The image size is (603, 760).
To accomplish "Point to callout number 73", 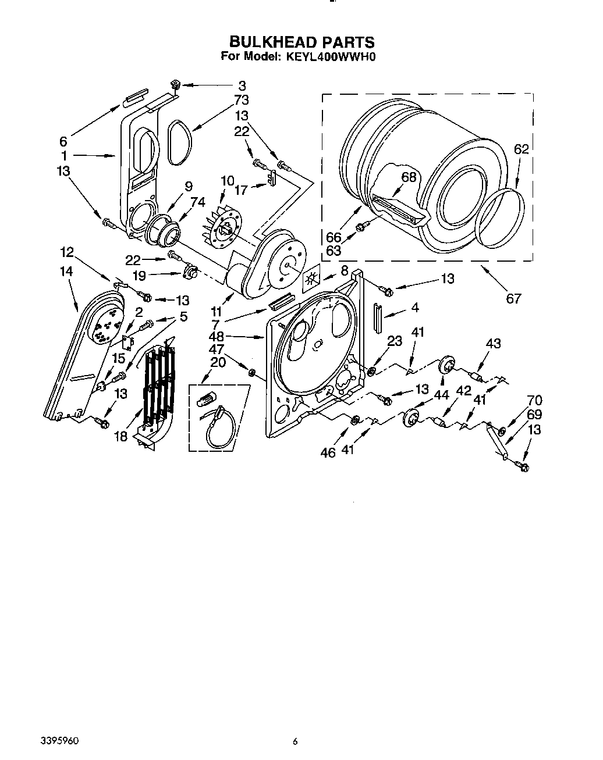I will [x=241, y=99].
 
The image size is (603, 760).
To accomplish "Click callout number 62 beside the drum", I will [x=521, y=149].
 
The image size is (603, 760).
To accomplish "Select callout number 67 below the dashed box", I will [x=513, y=299].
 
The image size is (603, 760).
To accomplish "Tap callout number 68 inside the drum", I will [x=409, y=177].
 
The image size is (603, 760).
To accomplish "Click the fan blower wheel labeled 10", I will [x=224, y=222].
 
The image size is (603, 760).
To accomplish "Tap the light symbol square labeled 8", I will [x=312, y=278].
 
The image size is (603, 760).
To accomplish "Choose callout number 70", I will [x=534, y=400].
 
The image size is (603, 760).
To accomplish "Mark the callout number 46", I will [x=328, y=452].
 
